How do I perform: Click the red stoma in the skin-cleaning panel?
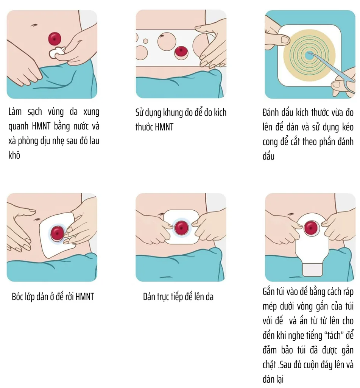pyautogui.click(x=55, y=39)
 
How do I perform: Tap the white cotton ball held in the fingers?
pyautogui.click(x=57, y=52)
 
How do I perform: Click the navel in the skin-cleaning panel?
pyautogui.click(x=34, y=25)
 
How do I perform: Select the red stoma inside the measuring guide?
pyautogui.click(x=181, y=52)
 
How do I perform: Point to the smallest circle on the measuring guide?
pyautogui.click(x=146, y=41)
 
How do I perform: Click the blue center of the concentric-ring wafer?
pyautogui.click(x=309, y=55)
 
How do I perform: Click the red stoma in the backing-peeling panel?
pyautogui.click(x=57, y=233)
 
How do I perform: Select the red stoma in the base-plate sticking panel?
pyautogui.click(x=181, y=228)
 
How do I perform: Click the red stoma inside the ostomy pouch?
pyautogui.click(x=311, y=228)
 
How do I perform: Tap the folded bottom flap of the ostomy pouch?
pyautogui.click(x=312, y=269)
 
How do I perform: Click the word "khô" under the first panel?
pyautogui.click(x=14, y=155)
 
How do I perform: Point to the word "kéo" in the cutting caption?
pyautogui.click(x=348, y=127)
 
